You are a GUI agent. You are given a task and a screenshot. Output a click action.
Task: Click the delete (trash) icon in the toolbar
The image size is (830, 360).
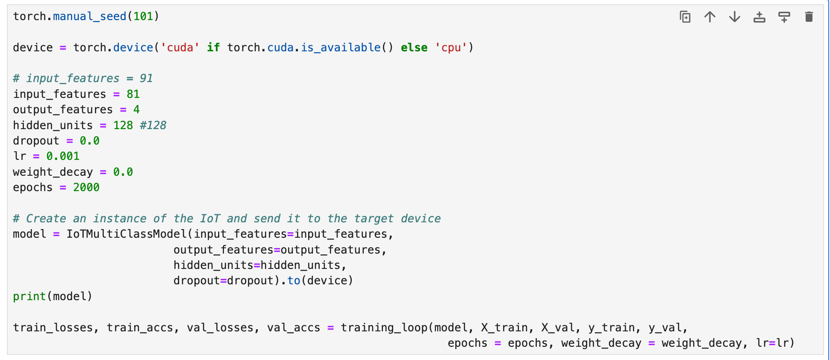tap(809, 17)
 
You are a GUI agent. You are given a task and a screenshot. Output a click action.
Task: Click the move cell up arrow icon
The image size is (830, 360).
tap(710, 17)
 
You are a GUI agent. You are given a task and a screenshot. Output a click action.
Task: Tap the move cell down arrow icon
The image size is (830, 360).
tap(735, 17)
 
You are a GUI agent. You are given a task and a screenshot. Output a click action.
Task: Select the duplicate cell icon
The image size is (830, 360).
tap(685, 17)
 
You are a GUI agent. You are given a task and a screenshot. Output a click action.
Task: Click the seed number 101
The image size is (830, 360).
tap(143, 16)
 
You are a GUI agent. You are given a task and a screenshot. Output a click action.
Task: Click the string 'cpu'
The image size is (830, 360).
tap(451, 47)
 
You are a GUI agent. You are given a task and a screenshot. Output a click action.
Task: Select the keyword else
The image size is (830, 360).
tap(414, 47)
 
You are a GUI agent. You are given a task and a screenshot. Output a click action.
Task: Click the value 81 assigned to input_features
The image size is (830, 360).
tap(133, 94)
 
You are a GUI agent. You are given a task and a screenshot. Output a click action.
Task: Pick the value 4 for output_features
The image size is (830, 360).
tap(136, 109)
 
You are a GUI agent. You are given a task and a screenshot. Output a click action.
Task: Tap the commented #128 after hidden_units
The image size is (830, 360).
tap(153, 125)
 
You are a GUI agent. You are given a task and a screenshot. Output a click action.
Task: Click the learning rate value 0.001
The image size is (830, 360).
tap(63, 156)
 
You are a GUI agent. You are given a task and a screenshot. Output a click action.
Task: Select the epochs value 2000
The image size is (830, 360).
tap(86, 187)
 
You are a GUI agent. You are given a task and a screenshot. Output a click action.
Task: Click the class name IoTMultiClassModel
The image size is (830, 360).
tap(127, 234)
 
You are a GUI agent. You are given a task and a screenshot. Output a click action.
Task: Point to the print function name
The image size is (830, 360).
tap(29, 296)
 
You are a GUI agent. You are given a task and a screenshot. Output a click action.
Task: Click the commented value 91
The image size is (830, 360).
tap(146, 78)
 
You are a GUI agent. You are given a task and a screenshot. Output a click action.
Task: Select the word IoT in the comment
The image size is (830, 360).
tap(210, 218)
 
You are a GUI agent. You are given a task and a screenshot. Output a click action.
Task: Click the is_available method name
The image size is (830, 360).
tap(340, 47)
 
